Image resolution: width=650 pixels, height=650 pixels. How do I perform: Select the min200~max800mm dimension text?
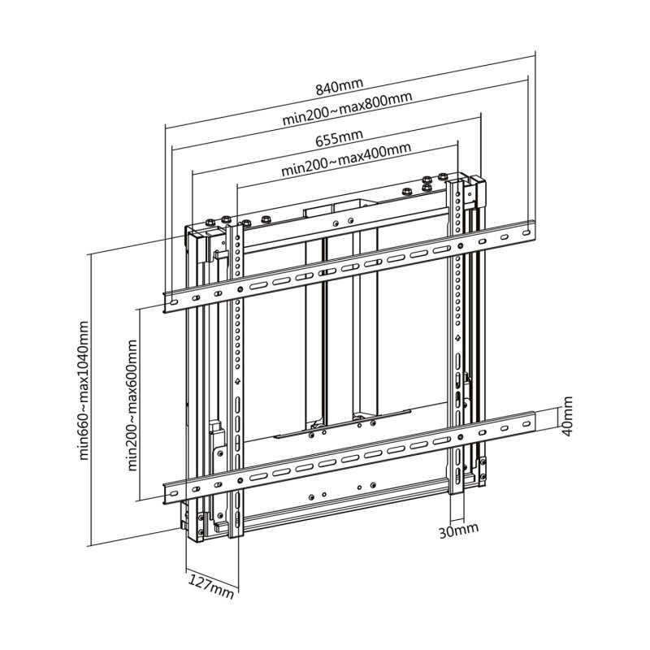tap(348, 108)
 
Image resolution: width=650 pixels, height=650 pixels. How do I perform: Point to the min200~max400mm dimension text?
tap(345, 161)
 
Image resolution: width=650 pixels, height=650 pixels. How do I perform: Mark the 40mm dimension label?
tap(568, 414)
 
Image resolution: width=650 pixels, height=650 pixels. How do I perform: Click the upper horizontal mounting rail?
tap(349, 264)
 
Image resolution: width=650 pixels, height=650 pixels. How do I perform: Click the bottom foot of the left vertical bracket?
tap(236, 528)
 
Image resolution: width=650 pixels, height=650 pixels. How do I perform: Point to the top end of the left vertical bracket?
tap(236, 228)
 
